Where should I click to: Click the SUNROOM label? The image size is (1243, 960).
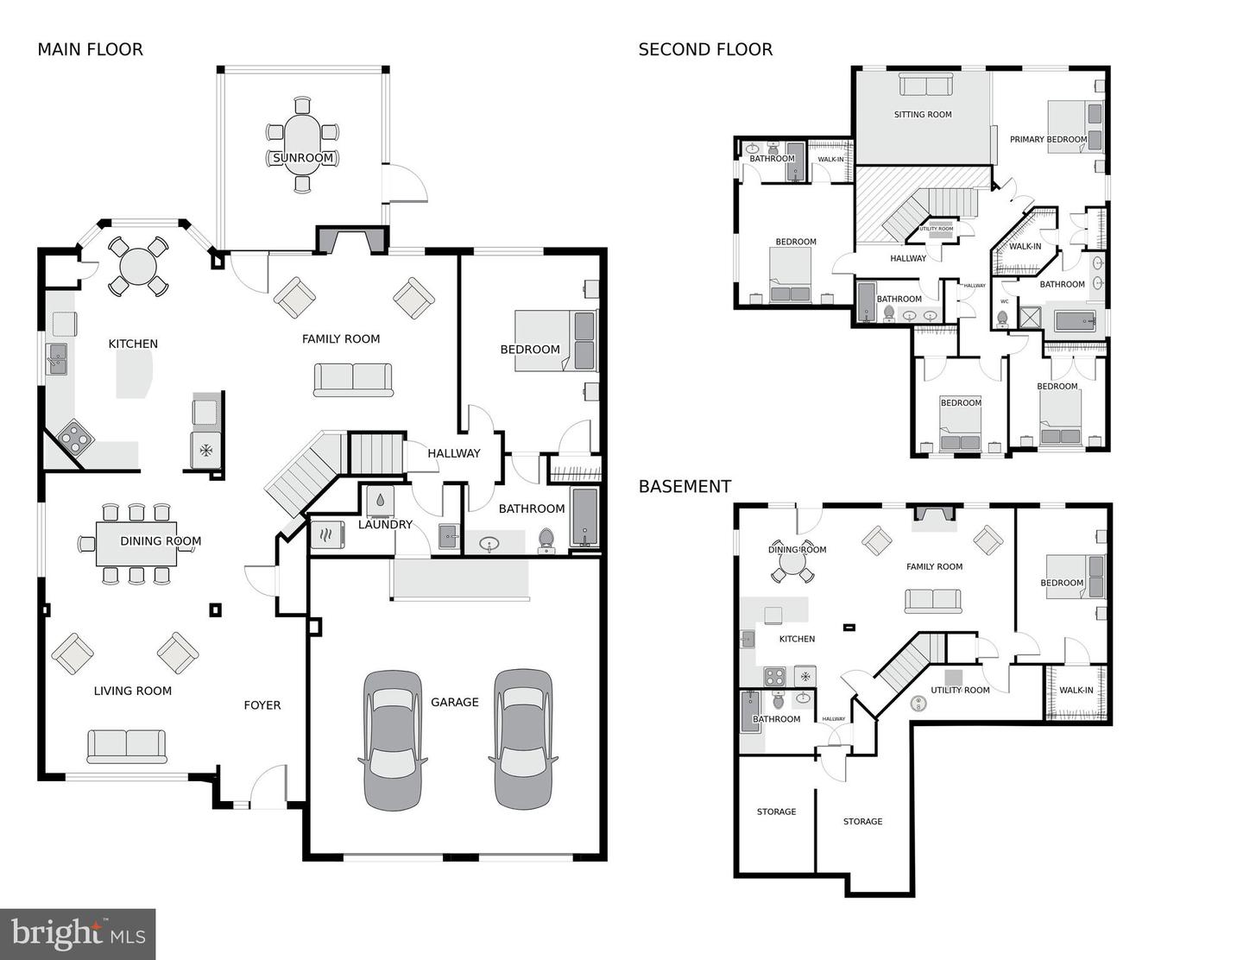pos(302,158)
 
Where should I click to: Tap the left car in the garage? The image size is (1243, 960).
pos(394,739)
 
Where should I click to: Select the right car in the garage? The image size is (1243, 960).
pos(523,739)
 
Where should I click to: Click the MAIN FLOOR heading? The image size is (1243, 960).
pos(90,49)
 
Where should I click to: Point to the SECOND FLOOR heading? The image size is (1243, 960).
pos(705,49)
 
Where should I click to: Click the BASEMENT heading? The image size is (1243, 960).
pos(685,486)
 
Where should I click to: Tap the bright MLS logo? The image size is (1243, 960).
pos(78,934)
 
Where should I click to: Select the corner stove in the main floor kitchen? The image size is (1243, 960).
pos(75,438)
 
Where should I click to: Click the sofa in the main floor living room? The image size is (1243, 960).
pos(127,746)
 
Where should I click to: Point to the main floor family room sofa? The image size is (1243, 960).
pos(353,379)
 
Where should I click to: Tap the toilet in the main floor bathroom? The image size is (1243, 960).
pos(546,540)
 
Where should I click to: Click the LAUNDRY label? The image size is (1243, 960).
pos(385,524)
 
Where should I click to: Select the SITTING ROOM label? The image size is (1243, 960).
pos(922,114)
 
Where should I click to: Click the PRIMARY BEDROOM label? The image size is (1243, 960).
pos(1048,139)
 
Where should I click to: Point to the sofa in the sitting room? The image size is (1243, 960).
pos(924,85)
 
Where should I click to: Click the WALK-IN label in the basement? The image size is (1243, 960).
pos(1076,690)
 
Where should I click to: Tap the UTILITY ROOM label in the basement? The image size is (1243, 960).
pos(960,690)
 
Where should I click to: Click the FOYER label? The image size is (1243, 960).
pos(262,705)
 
